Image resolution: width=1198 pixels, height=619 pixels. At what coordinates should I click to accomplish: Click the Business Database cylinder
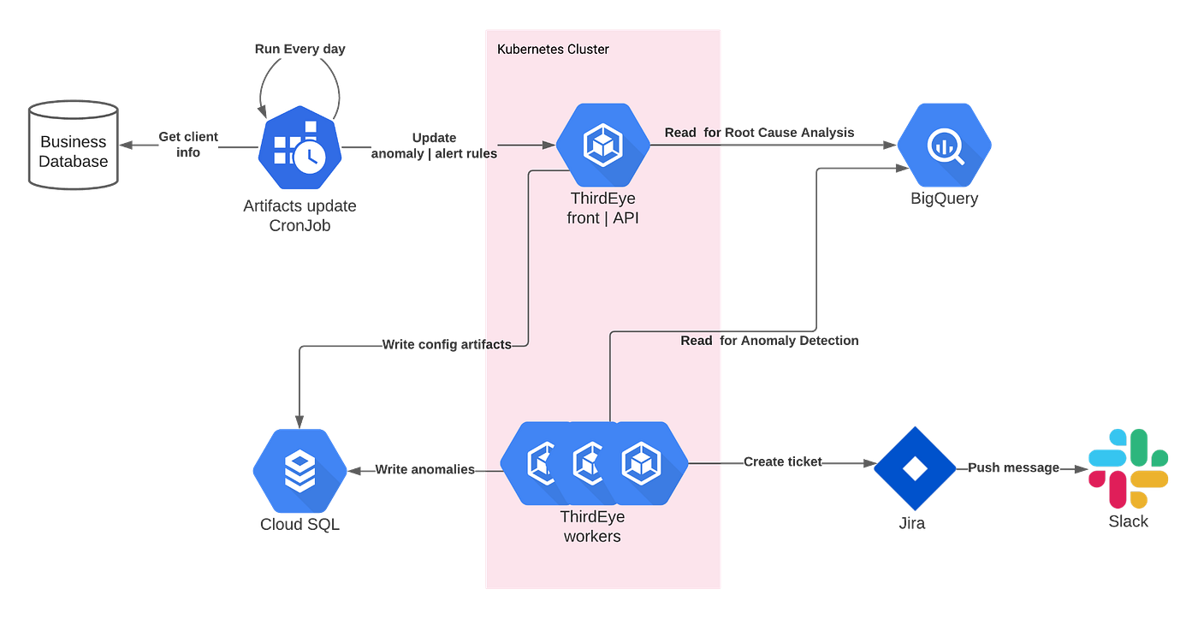click(x=74, y=146)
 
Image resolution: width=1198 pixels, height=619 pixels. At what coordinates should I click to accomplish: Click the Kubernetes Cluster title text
click(x=553, y=49)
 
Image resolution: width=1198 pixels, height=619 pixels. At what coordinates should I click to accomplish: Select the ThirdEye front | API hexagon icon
click(x=602, y=146)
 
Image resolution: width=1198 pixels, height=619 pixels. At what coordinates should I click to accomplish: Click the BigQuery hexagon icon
click(x=944, y=146)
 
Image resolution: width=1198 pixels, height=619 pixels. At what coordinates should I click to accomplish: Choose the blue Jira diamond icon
click(x=914, y=467)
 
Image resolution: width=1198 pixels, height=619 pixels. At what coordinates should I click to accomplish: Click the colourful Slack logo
click(x=1128, y=467)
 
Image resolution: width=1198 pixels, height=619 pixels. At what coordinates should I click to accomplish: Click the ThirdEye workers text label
click(x=592, y=527)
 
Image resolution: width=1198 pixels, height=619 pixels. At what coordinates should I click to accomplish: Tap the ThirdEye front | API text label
click(x=602, y=208)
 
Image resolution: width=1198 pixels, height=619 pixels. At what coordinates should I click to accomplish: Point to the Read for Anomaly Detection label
click(x=768, y=341)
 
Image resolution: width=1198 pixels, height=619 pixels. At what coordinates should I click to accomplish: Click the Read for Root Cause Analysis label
click(x=758, y=133)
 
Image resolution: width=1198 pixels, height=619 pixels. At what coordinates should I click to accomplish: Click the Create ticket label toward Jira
click(x=783, y=462)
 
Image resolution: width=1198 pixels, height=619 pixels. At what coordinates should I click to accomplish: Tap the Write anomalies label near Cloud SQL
click(x=424, y=470)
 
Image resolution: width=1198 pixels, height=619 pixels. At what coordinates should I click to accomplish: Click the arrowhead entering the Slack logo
click(x=1078, y=470)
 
